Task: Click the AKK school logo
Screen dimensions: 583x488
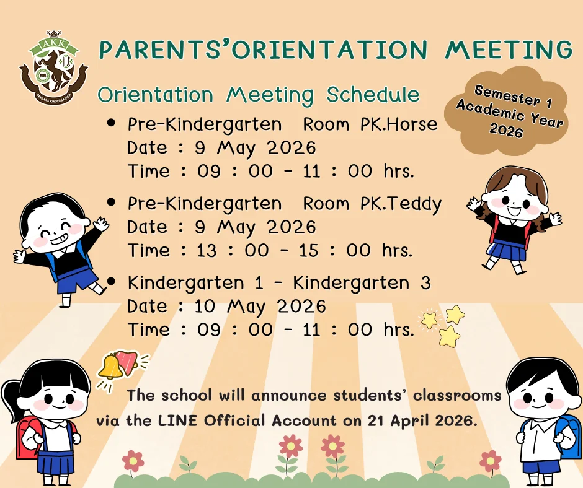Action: coord(54,68)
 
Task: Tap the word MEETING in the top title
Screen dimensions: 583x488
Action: coord(509,50)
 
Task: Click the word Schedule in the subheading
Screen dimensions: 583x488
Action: coord(373,95)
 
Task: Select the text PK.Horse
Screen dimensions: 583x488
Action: coord(399,124)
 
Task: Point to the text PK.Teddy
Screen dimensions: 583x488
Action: coord(401,204)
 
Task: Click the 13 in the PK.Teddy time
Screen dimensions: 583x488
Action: coord(207,251)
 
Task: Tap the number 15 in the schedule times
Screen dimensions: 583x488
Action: coord(309,251)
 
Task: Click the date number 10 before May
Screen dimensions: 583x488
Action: coord(205,307)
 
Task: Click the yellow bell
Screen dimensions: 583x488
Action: coord(110,367)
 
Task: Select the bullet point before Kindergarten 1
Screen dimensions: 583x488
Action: coord(111,282)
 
